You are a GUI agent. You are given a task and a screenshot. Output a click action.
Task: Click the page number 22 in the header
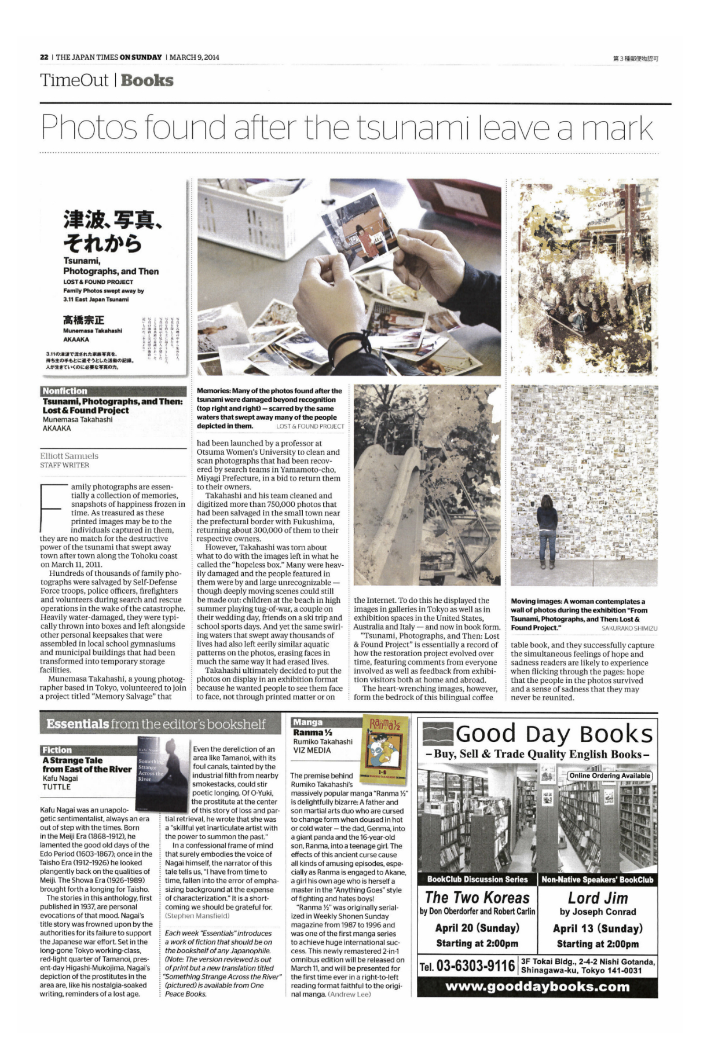pos(44,57)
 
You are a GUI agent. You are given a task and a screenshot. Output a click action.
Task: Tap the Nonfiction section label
pos(65,391)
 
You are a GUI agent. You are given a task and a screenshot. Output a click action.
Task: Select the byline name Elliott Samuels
pos(69,456)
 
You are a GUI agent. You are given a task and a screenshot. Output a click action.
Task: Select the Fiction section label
pos(57,750)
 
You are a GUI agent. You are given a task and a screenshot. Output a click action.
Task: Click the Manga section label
pos(308,722)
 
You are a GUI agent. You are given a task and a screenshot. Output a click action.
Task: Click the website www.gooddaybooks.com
pos(537,986)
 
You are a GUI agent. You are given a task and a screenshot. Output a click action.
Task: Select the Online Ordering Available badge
pos(610,775)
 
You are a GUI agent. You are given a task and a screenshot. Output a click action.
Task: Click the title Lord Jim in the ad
pos(598,898)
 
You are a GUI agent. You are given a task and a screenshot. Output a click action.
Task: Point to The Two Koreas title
pos(477,898)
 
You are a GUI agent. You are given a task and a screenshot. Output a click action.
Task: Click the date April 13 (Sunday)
pos(598,928)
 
